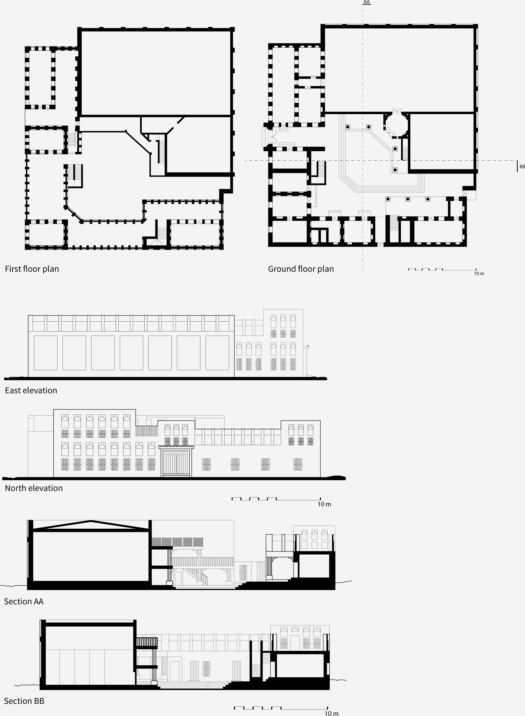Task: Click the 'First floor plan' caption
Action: (x=32, y=269)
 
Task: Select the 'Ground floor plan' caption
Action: (x=301, y=269)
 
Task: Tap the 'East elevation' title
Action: (x=31, y=390)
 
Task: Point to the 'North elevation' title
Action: (x=34, y=488)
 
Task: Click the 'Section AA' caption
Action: (x=24, y=602)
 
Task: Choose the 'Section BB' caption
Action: (x=24, y=701)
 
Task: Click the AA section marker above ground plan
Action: (x=366, y=2)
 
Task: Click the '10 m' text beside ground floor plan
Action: (x=479, y=273)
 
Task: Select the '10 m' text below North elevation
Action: (x=324, y=504)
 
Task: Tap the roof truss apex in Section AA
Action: (x=91, y=521)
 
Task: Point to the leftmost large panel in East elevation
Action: (x=45, y=353)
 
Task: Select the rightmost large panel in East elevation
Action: (x=217, y=353)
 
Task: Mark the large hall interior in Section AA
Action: (x=91, y=556)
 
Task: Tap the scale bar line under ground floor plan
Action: (x=442, y=270)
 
